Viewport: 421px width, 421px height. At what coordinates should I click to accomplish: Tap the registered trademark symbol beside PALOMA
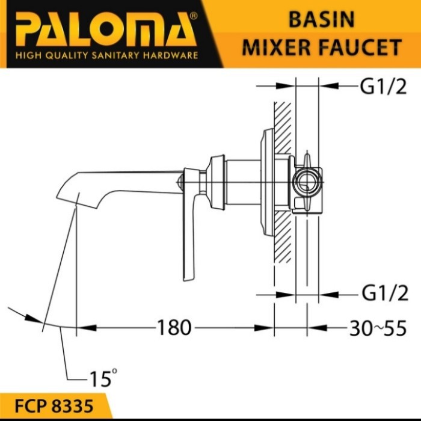193,16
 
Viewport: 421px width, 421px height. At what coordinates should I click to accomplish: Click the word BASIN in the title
321,20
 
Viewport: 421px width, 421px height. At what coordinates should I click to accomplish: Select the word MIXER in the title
277,48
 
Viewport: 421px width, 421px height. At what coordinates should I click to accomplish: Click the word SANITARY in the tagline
115,55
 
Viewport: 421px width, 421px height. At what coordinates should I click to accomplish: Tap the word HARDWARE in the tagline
170,55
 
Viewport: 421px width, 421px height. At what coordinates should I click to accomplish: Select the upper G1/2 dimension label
383,87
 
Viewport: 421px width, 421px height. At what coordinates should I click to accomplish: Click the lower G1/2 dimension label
385,293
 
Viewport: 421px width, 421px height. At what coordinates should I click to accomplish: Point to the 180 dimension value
174,328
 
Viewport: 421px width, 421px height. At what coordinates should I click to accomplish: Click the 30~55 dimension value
378,328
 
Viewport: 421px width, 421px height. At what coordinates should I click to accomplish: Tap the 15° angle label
103,378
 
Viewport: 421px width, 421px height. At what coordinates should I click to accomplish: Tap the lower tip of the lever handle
188,279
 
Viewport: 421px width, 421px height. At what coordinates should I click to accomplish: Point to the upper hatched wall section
283,128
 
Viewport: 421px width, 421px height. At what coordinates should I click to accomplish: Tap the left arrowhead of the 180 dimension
87,328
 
